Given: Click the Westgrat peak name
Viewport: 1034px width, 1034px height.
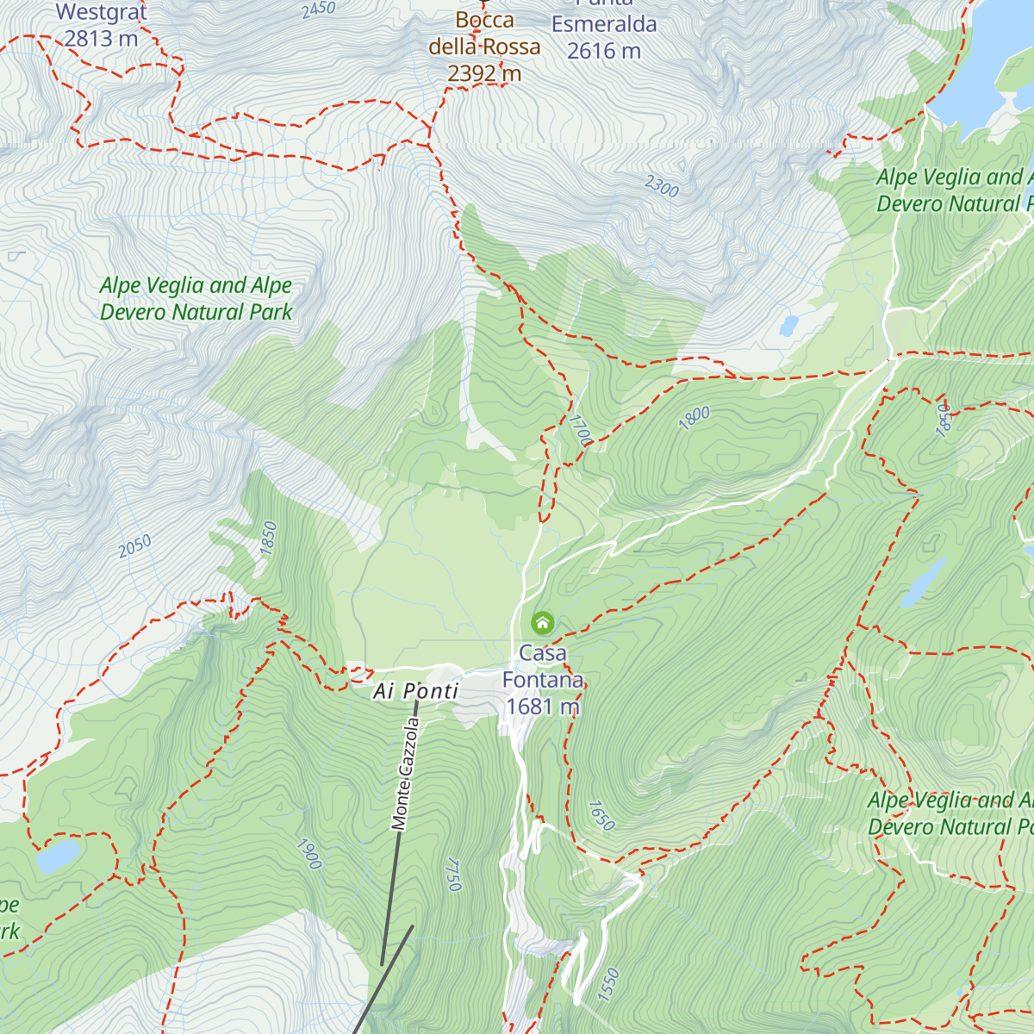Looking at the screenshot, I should (x=102, y=13).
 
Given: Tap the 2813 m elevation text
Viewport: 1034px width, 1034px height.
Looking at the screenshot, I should (x=101, y=39).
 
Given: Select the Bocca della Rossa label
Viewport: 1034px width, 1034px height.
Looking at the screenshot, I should (x=484, y=34).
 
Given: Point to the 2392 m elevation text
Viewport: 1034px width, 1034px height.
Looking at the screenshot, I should (x=484, y=74).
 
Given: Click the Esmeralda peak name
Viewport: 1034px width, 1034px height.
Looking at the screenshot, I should (x=604, y=24).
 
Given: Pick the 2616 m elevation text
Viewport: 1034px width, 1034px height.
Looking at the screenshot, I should (x=604, y=52).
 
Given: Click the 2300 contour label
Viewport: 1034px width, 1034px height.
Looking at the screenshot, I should (x=662, y=185).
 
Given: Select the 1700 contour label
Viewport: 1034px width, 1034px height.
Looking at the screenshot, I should (x=580, y=430).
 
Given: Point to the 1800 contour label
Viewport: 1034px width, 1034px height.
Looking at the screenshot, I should (x=695, y=417).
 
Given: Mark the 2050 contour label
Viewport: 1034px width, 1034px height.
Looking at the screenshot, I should (x=134, y=545).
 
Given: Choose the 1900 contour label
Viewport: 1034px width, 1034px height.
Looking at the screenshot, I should (x=308, y=853).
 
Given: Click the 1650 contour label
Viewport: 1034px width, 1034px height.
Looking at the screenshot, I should (x=601, y=815).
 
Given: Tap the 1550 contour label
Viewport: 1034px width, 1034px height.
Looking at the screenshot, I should (x=608, y=983).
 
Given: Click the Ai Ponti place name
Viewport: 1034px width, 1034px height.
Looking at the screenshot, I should (x=416, y=691).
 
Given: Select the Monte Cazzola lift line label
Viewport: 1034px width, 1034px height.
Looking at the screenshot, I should (x=404, y=774).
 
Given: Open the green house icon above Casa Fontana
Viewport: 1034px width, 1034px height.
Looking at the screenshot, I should (x=542, y=622).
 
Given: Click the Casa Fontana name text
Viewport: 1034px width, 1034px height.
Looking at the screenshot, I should (x=543, y=667).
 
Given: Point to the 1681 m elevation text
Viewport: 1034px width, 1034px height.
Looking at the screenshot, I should (x=543, y=707).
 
